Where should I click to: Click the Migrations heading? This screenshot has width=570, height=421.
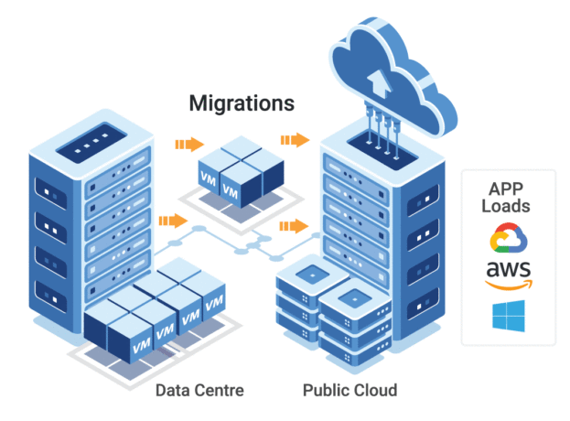[x=242, y=103]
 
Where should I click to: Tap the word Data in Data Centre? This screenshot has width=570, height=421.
[x=174, y=391]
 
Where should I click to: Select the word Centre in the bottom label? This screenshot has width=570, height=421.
[x=220, y=391]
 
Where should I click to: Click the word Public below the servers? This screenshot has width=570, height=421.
[x=327, y=391]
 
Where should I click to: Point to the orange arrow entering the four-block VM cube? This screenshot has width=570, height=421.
[x=188, y=144]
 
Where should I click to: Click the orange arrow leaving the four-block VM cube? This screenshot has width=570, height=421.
[x=294, y=139]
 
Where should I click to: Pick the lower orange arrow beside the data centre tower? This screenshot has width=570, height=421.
[x=172, y=221]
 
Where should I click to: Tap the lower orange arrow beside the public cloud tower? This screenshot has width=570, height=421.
[x=294, y=225]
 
